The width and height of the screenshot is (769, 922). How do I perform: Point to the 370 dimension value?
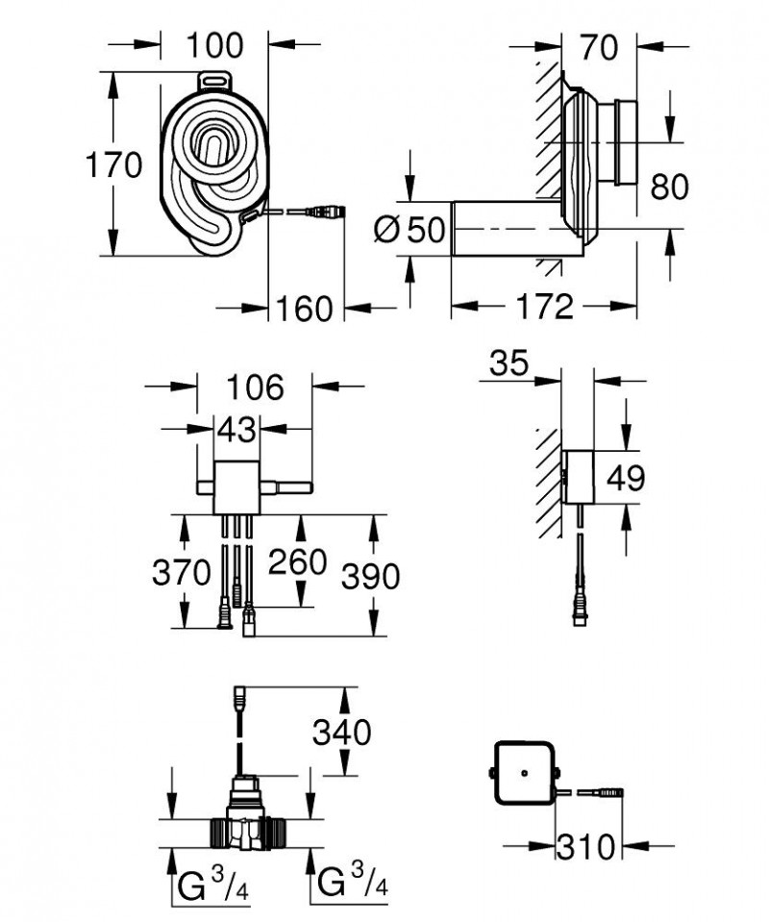[181, 573]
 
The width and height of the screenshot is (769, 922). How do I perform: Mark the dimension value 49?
[625, 477]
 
